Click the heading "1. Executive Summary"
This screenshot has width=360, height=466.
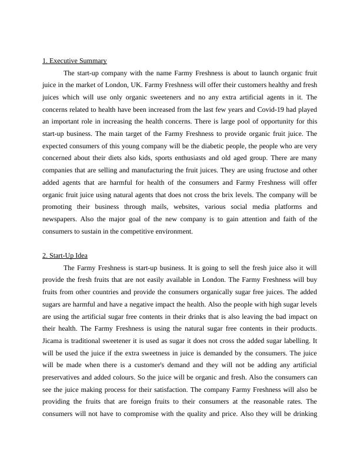click(75, 61)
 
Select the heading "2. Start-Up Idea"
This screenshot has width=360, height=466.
click(65, 255)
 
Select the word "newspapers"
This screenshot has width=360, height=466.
click(60, 219)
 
